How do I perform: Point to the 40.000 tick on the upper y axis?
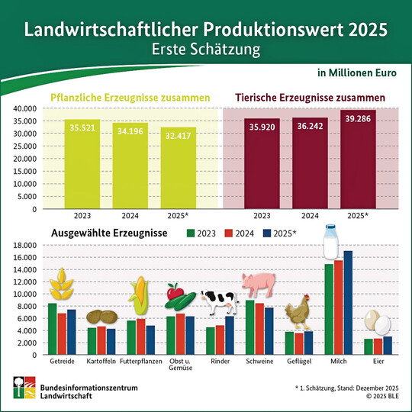pos(24,108)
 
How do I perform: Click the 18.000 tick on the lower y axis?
pos(24,245)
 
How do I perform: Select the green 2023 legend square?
pos(193,233)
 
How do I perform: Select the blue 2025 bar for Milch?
pos(349,298)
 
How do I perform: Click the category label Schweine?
pos(260,358)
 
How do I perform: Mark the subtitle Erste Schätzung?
pos(205,50)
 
